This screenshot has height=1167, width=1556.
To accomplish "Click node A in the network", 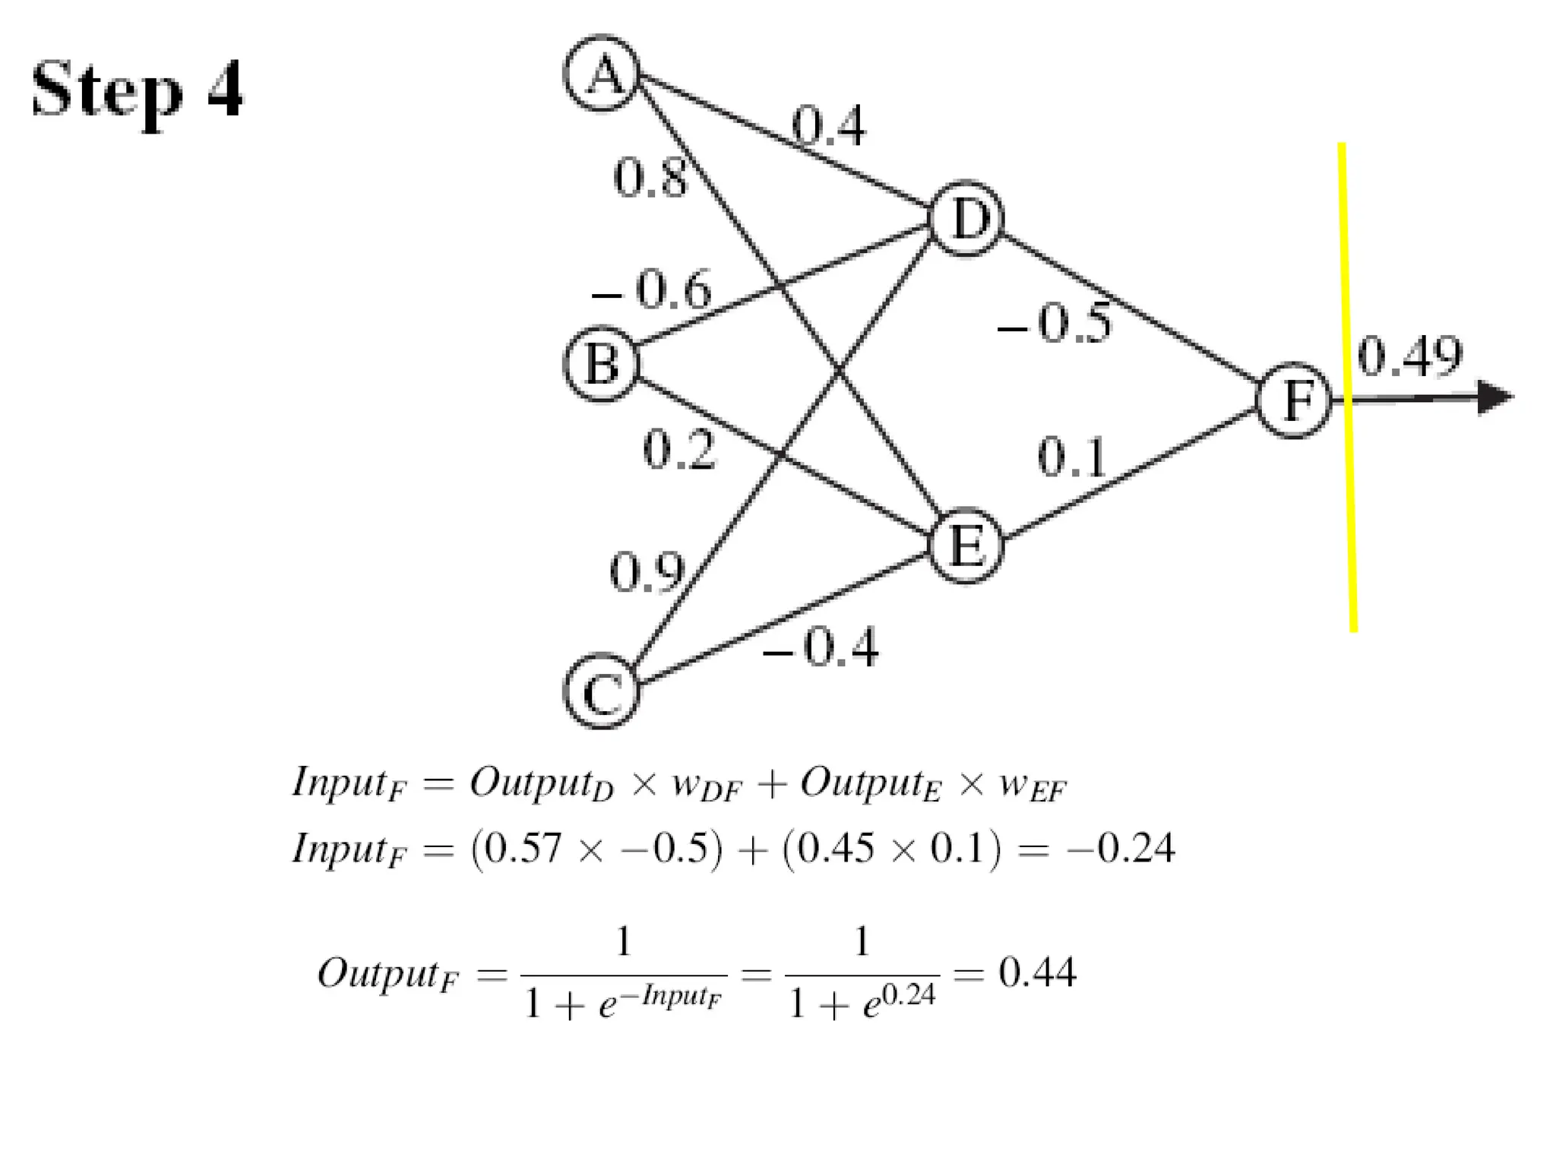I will point(602,74).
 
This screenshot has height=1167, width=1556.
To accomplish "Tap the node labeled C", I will point(602,691).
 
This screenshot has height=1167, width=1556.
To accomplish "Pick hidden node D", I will point(966,220).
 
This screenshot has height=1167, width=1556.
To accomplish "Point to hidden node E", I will point(966,546).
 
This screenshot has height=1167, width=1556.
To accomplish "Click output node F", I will point(1294,400).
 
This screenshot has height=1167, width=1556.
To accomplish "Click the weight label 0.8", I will point(650,179).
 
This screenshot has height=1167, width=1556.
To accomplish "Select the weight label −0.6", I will point(652,290).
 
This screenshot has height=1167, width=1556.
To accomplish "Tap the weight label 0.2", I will point(678,449).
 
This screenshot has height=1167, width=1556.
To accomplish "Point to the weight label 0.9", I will point(647,571).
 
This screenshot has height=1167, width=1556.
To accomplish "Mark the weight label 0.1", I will point(1071,457).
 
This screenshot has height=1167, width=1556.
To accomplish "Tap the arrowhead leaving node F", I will point(1494,397).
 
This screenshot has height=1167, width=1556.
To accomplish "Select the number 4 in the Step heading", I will point(225,89).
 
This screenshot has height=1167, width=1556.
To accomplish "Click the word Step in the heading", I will point(107,91).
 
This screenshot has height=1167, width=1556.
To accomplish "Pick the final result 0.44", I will point(1037,972).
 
